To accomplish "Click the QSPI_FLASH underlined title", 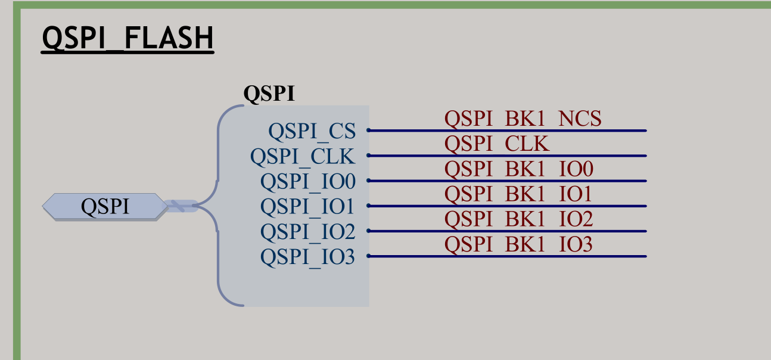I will coord(128,39).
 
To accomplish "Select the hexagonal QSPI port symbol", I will coord(105,207).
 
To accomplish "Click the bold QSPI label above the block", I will coord(269,94).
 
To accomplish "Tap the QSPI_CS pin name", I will coord(311,131).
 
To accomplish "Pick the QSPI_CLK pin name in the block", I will coord(302,156).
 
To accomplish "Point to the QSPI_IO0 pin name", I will coord(307,181).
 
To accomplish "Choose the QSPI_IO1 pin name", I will coord(307,207).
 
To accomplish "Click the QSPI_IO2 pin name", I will coord(307,232).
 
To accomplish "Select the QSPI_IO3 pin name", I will coord(307,257).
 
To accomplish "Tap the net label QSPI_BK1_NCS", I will coord(523,119).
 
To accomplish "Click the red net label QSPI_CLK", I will coord(497,144).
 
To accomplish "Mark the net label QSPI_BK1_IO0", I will coord(518,170).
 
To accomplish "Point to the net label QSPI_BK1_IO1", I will coord(518,195).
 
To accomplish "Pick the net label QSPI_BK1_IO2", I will coord(518,220).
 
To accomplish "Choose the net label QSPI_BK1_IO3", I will coord(518,245).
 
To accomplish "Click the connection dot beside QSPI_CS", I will coord(368,130).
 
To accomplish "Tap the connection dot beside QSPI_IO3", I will coord(368,256).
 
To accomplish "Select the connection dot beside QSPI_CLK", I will coord(368,156).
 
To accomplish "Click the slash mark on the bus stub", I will coord(178,206).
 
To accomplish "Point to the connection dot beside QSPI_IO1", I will coord(368,206).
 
